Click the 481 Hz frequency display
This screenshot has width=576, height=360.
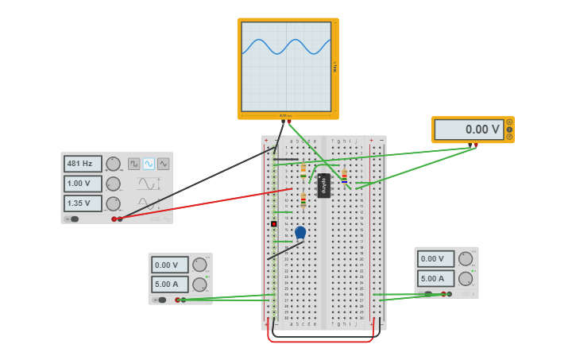[83, 164]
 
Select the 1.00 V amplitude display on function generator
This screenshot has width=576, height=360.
[83, 184]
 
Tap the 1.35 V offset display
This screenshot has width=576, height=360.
[83, 203]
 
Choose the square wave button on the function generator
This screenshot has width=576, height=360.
[134, 164]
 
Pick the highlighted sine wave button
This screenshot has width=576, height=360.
[149, 164]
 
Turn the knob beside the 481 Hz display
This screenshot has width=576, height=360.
[113, 164]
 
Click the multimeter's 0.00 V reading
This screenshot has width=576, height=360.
[469, 130]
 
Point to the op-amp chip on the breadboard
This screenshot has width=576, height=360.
[323, 185]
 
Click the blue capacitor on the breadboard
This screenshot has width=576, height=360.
[300, 232]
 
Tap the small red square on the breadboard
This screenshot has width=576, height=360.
[274, 224]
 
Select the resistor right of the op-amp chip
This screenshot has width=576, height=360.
[344, 176]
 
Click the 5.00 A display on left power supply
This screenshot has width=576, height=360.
[170, 284]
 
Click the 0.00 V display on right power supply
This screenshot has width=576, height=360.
[435, 258]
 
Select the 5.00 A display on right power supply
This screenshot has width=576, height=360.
[435, 278]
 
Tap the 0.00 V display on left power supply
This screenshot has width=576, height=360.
[170, 265]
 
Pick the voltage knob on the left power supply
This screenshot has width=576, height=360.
[199, 265]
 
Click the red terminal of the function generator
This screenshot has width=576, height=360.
[120, 219]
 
